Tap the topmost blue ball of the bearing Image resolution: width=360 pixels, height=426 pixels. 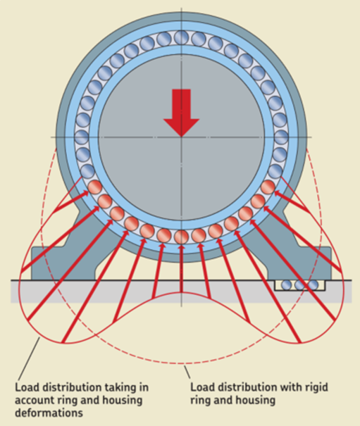tap(181, 37)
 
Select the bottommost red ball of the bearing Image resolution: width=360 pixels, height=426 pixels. tap(181, 237)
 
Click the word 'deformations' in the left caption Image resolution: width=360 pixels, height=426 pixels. tap(49, 413)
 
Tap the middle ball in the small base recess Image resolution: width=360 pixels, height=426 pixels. tap(299, 285)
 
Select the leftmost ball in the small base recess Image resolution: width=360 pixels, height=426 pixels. tap(286, 285)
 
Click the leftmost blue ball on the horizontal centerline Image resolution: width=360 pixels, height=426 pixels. tap(82, 137)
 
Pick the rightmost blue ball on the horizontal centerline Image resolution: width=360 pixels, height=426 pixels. tap(281, 137)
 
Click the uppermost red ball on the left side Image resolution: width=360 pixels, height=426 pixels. tap(95, 187)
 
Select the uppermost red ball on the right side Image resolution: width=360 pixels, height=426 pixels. tap(268, 187)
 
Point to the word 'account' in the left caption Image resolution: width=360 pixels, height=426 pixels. tap(34, 401)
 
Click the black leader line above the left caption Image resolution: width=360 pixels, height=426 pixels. tap(29, 358)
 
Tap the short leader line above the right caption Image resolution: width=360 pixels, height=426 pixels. tap(187, 372)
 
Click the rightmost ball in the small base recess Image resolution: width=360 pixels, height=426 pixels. tap(314, 285)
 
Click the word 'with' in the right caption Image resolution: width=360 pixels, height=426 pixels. tap(290, 387)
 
